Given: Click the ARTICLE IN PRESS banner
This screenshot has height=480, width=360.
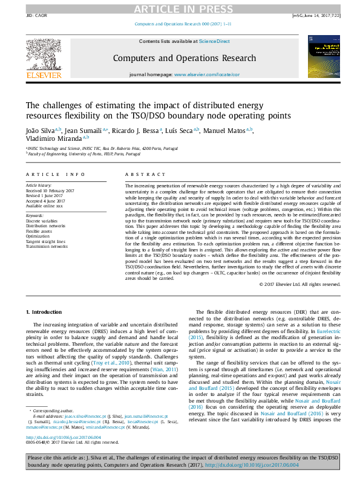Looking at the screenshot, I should (180, 8).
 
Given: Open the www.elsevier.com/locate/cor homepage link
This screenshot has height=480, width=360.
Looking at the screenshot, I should (207, 74).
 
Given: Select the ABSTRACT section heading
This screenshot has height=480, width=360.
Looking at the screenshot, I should (140, 174).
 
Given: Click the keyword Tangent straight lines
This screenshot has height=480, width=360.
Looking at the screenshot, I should (45, 242).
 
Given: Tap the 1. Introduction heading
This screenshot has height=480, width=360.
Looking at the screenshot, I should (45, 311).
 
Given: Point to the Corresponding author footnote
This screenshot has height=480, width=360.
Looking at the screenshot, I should (52, 410).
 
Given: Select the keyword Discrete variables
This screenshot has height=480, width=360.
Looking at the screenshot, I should (41, 221).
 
